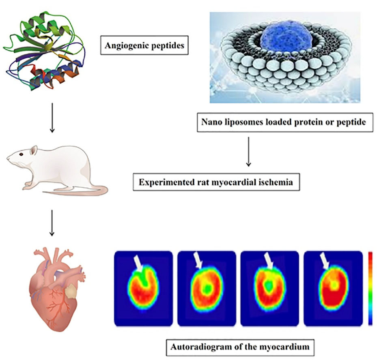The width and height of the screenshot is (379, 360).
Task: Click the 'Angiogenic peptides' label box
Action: click(144, 45)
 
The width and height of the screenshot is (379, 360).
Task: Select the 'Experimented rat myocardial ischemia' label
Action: click(216, 182)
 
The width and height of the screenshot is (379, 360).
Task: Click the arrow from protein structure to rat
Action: click(52, 117)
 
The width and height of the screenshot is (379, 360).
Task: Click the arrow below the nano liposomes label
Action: click(248, 152)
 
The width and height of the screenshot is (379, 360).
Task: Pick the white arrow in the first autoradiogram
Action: click(138, 263)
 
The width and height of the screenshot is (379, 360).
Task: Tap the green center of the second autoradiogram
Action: click(207, 288)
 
